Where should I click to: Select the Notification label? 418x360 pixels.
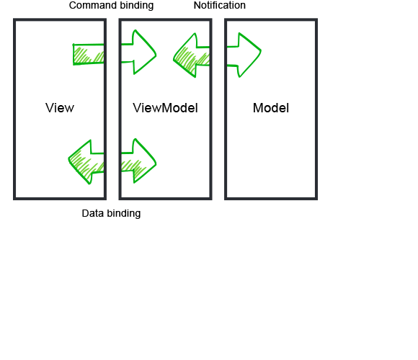coord(220,5)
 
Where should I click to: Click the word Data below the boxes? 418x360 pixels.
coord(92,213)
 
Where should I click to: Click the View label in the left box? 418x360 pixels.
coord(60,108)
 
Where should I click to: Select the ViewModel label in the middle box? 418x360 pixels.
coord(165,108)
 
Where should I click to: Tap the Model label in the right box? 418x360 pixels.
coord(271,108)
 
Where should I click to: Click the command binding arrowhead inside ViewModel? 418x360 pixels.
coord(141,52)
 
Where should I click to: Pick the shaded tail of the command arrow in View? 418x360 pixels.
coord(89,54)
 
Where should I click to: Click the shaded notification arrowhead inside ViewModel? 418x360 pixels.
coord(190,55)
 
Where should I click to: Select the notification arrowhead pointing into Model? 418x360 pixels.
coord(246,55)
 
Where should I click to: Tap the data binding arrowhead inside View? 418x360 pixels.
coord(85,162)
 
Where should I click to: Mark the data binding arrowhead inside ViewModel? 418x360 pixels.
coord(141,161)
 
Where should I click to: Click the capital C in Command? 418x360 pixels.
coord(73,5)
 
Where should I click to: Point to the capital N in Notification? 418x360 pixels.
coord(197,5)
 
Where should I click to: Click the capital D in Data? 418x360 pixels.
coord(85,213)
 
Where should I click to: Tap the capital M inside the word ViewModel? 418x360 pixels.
coord(167,108)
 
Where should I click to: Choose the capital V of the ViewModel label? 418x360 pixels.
coord(137,108)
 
